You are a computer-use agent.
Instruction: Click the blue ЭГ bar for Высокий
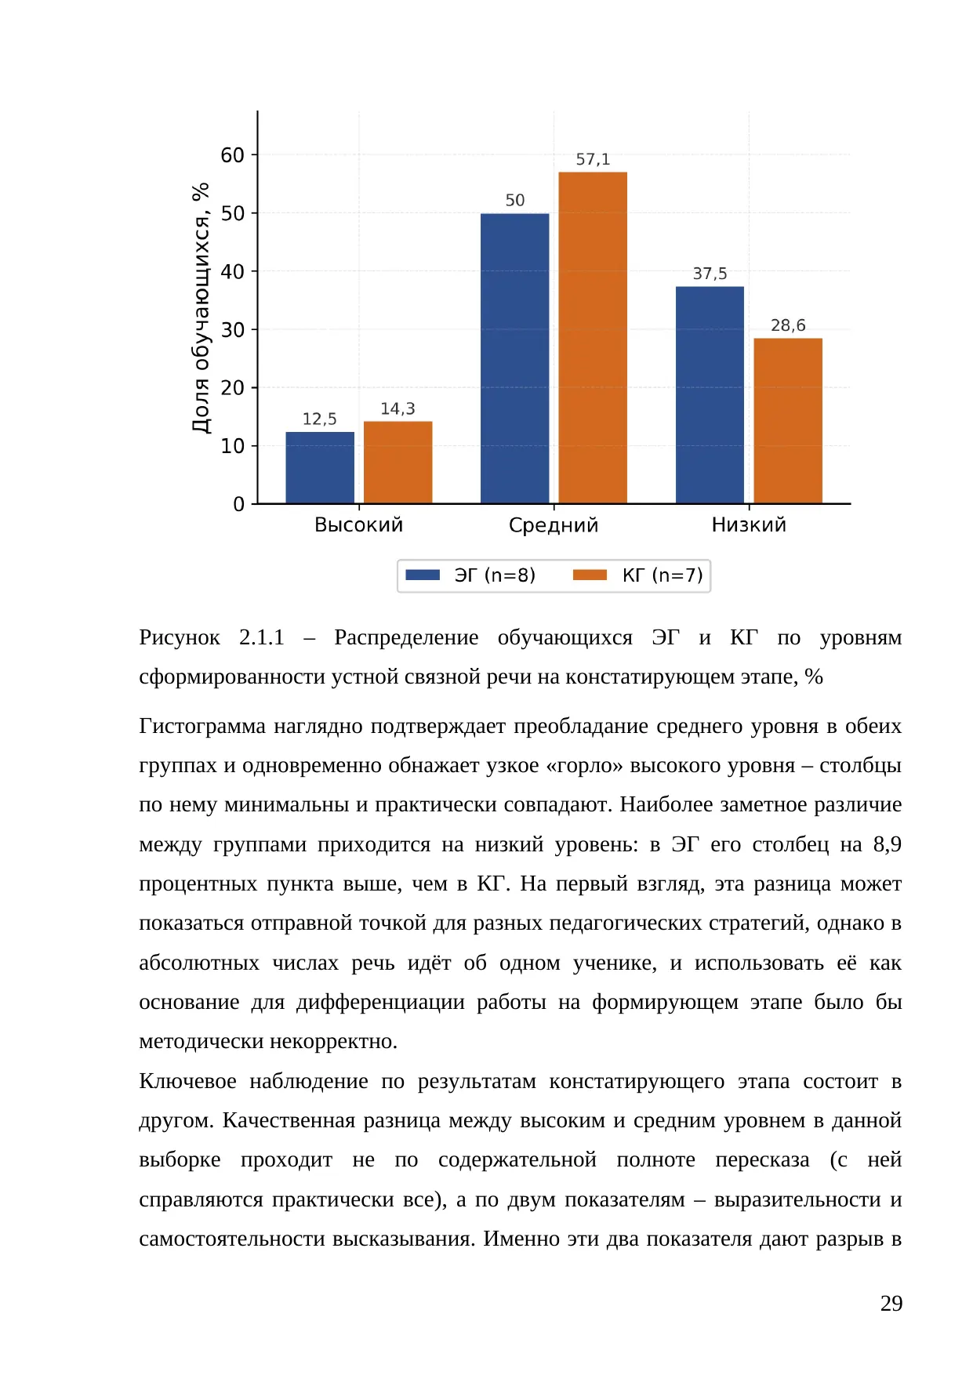(320, 467)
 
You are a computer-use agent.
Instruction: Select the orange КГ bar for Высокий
(398, 463)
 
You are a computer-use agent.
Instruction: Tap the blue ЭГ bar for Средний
(514, 358)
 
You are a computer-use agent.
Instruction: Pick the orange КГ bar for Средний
(593, 338)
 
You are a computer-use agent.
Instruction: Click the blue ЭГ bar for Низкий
(710, 395)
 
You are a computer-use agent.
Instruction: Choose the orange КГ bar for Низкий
(788, 421)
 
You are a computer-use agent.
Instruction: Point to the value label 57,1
(593, 159)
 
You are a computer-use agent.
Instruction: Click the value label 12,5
(320, 419)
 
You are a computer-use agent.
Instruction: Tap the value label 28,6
(788, 325)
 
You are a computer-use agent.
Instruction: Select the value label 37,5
(710, 274)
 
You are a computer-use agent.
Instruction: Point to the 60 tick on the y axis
(233, 155)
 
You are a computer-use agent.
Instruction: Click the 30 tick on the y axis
(233, 330)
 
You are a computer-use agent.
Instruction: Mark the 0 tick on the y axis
(239, 504)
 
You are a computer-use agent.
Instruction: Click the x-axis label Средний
(554, 525)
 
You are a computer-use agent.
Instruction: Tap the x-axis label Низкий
(749, 524)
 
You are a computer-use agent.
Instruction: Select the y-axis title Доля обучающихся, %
(201, 308)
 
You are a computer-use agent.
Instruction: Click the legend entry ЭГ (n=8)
(471, 575)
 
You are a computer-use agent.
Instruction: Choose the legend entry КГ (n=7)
(638, 575)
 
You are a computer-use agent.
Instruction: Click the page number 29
(891, 1304)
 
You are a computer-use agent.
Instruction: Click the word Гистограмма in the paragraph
(202, 727)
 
